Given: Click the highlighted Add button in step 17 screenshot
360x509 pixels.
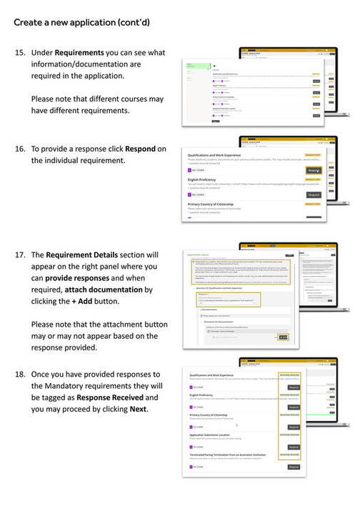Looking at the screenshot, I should click(x=284, y=337).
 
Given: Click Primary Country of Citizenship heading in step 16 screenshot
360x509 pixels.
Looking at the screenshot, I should click(x=221, y=204).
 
